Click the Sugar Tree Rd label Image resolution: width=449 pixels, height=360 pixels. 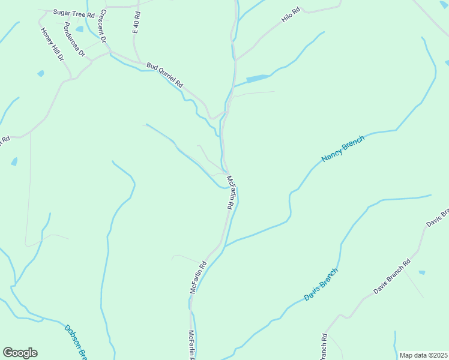point(74,13)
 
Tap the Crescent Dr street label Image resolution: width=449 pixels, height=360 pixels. point(103,26)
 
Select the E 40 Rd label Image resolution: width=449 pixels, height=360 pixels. point(136,22)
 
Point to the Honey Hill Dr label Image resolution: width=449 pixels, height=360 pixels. point(52,44)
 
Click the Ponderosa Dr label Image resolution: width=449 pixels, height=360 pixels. point(74,41)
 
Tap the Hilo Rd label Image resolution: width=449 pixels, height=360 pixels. point(291,16)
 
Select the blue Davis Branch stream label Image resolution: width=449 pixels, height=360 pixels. point(321,284)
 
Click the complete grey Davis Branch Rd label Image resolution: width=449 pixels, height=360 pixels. point(391,277)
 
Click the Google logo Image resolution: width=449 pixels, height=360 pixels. point(20,353)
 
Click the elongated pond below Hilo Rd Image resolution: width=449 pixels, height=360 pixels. point(258,79)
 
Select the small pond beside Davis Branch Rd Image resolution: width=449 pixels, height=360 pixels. point(421,272)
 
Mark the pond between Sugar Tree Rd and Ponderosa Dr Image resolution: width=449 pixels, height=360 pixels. point(79,28)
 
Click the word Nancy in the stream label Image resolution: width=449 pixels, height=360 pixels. point(331,155)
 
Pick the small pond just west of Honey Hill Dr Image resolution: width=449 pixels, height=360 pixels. point(40,74)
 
